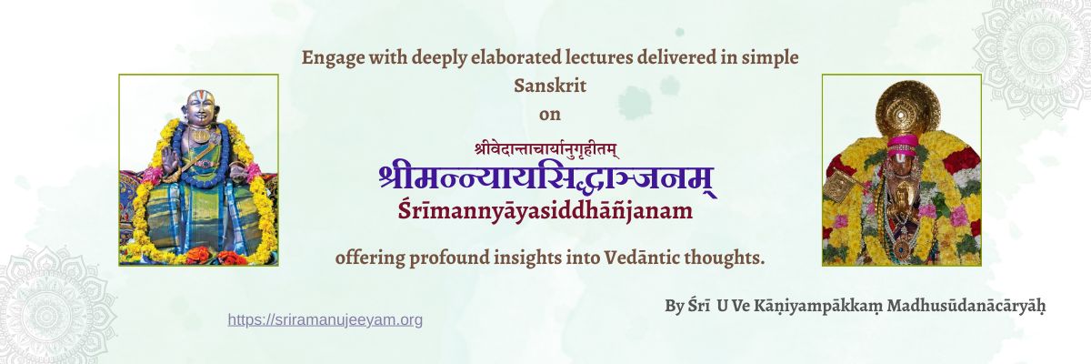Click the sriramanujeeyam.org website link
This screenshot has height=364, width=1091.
click(325, 319)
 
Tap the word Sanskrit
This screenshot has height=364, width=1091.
click(550, 86)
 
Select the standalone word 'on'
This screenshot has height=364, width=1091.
click(550, 115)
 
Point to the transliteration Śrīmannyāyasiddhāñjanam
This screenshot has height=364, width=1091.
click(545, 210)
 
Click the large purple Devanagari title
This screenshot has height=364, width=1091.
click(545, 177)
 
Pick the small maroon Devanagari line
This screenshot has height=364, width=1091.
click(545, 147)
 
